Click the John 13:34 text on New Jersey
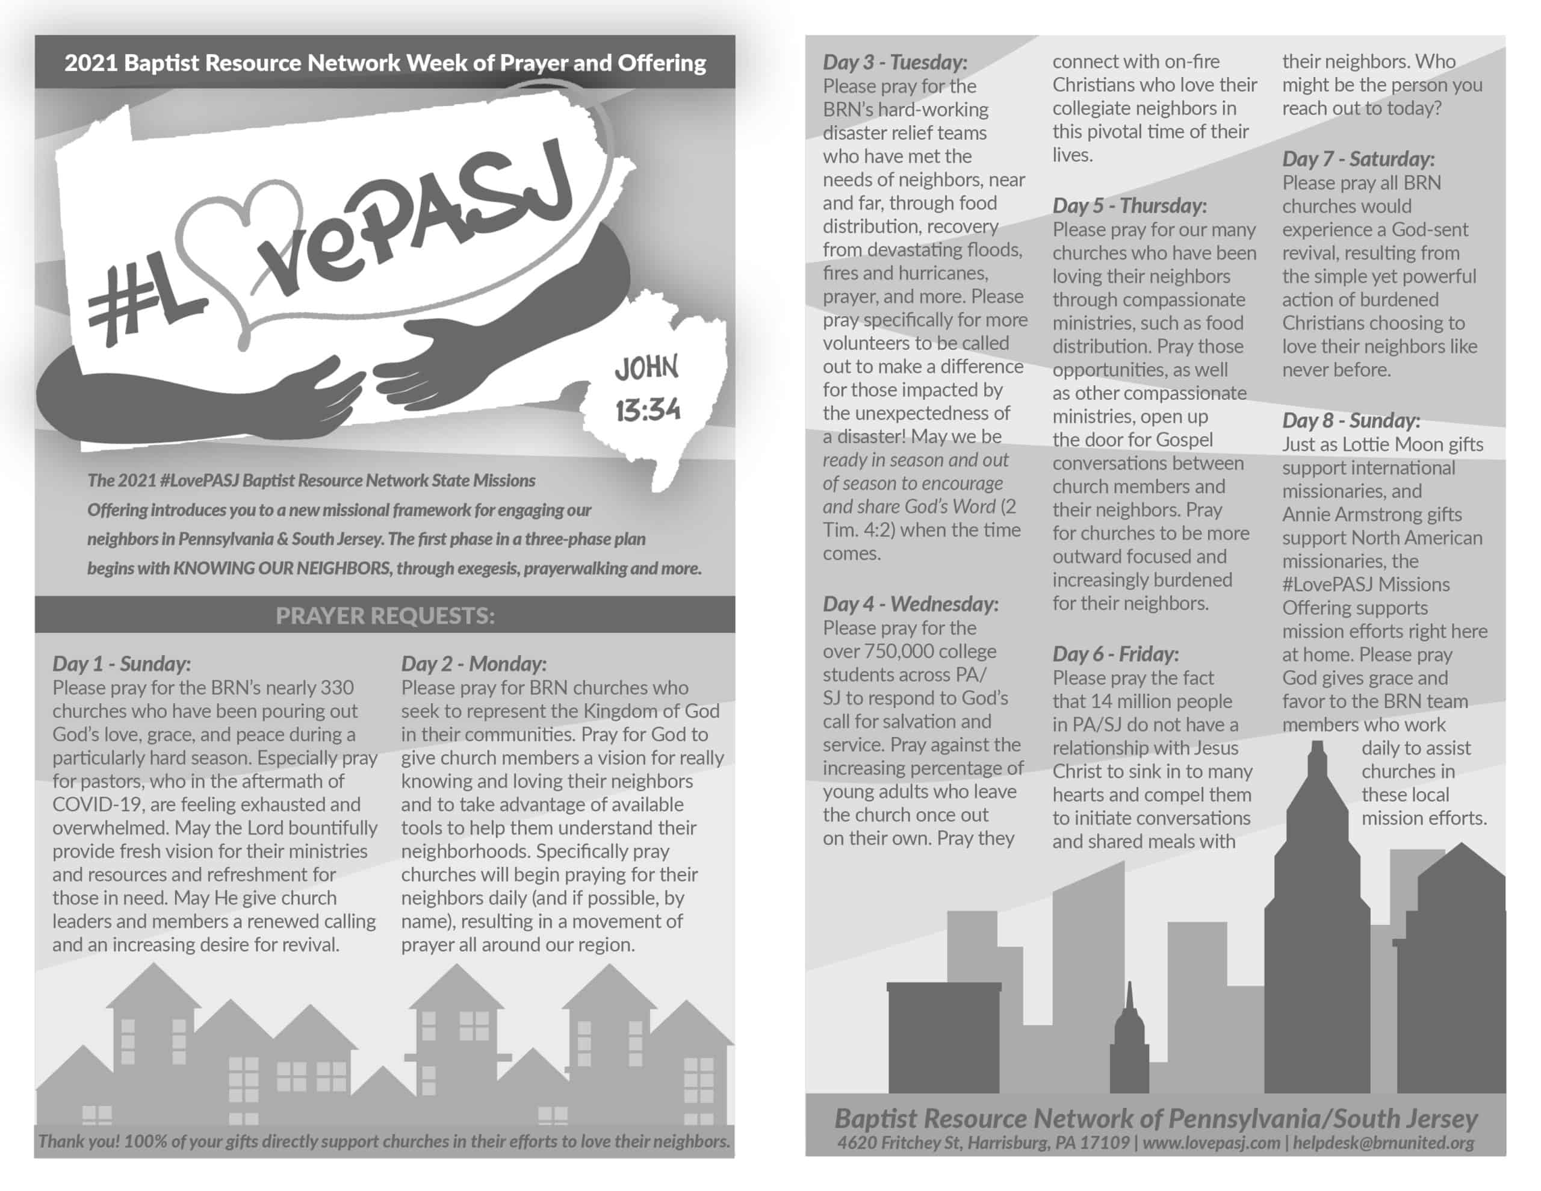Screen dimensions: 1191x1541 coord(647,388)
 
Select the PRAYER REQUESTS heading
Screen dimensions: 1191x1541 coord(385,615)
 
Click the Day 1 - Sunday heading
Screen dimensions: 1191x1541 coord(122,664)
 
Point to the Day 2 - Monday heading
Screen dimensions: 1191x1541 coord(474,664)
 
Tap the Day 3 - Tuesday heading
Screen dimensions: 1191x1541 coord(895,62)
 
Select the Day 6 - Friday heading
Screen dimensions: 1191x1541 coord(1115,654)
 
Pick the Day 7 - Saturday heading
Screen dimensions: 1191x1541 coord(1358,159)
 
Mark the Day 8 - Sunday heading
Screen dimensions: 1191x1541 coord(1351,421)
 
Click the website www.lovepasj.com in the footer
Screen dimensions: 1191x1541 coord(1211,1143)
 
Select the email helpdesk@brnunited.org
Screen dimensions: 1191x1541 coord(1383,1143)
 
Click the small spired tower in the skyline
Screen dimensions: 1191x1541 coord(1130,1045)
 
